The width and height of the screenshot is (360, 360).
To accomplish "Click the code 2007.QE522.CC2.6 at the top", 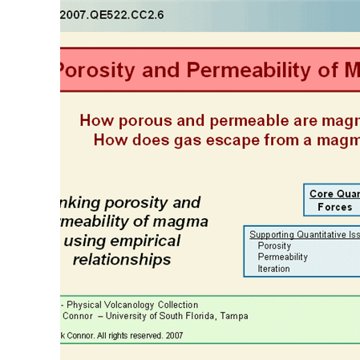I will tap(112, 14).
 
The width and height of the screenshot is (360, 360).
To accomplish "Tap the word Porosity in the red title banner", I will tap(95, 71).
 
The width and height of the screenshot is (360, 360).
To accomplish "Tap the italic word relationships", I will tap(122, 260).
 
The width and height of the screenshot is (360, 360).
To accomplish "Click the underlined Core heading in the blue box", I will tap(322, 194).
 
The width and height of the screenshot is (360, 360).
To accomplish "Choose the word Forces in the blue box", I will tap(334, 207).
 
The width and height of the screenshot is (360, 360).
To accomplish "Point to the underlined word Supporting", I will tap(273, 235).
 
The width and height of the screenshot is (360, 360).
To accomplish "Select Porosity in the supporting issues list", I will tap(274, 246).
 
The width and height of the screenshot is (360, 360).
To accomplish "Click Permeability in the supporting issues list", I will tap(282, 257).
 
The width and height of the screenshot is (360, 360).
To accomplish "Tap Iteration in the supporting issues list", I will tap(273, 269).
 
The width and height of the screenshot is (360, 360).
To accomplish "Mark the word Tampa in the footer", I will tap(234, 316).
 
